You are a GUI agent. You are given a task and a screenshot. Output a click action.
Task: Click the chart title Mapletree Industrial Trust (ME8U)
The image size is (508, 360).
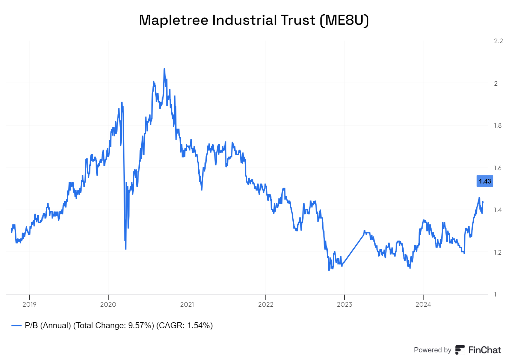[254, 20]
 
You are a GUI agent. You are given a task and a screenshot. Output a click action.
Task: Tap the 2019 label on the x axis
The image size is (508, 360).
[30, 304]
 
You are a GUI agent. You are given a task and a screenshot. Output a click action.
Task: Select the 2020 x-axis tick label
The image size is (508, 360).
[108, 304]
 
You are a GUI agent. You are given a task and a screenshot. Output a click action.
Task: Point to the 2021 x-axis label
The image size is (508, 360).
[187, 304]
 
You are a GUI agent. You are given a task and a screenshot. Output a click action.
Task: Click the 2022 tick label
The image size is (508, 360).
[266, 304]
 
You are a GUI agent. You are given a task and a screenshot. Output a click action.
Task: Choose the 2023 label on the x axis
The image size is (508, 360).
[344, 304]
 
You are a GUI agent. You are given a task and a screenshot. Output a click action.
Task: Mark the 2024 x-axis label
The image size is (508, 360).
[423, 304]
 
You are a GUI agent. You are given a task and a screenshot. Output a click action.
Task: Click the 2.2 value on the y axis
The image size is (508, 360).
[498, 41]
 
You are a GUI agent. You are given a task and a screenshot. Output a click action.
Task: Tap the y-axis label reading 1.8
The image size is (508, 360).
[498, 125]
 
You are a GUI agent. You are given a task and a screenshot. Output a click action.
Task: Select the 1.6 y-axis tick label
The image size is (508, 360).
[498, 168]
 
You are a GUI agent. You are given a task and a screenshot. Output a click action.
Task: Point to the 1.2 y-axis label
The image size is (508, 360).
[498, 252]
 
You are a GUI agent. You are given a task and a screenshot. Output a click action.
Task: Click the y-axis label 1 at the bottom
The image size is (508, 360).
[495, 294]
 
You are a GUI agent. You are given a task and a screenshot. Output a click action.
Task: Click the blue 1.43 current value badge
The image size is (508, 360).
[485, 181]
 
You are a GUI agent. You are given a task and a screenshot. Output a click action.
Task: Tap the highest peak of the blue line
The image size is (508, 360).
[164, 69]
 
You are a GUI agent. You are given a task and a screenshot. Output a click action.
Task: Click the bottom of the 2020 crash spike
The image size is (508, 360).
[126, 249]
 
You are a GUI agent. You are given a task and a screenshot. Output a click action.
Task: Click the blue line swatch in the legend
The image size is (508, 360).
[17, 326]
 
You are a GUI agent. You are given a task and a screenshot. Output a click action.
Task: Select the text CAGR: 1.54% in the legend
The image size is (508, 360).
[184, 326]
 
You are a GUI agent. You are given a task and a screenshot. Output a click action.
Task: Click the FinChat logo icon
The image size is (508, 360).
[460, 350]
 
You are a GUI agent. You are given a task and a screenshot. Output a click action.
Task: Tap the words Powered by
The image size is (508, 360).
[432, 350]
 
